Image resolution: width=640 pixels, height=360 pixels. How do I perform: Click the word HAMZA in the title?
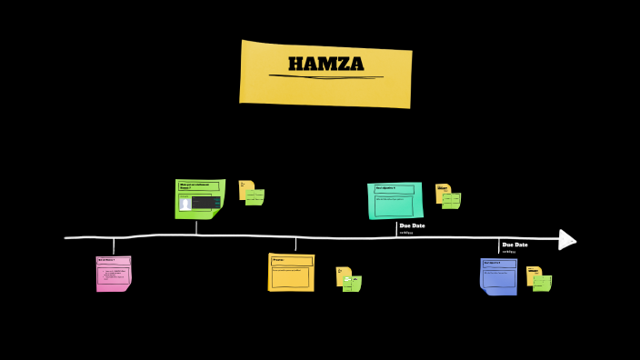click(x=325, y=64)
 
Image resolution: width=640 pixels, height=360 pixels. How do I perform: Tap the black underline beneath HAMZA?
click(x=325, y=77)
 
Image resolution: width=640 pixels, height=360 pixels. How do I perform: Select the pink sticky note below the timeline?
click(x=114, y=273)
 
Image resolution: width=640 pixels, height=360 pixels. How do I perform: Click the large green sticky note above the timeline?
click(x=199, y=198)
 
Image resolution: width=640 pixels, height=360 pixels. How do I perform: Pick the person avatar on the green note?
click(x=185, y=204)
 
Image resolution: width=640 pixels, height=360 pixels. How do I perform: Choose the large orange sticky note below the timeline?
click(x=291, y=272)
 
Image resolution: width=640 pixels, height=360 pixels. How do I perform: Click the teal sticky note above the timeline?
click(x=395, y=200)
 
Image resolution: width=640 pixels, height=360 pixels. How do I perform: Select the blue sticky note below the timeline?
click(x=498, y=276)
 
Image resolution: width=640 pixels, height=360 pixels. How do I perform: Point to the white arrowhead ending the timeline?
click(x=566, y=239)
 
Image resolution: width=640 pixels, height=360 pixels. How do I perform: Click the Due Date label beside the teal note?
click(x=412, y=225)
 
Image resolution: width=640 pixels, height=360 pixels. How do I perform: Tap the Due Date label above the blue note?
click(x=515, y=245)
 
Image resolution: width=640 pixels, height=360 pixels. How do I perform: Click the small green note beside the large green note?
click(x=255, y=196)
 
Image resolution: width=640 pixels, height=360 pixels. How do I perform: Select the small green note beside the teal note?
click(x=451, y=200)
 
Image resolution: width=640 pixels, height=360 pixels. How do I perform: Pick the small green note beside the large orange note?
click(x=352, y=283)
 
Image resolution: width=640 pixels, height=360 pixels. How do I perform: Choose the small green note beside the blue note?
click(x=542, y=283)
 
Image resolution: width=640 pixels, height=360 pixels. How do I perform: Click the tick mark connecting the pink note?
click(x=114, y=246)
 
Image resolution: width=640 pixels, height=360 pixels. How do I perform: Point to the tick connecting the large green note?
click(x=196, y=227)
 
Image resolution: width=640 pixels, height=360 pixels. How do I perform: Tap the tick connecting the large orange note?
click(x=295, y=245)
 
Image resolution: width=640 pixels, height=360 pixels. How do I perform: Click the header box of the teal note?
click(x=395, y=189)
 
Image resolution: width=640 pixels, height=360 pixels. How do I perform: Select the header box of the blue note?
click(x=498, y=264)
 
